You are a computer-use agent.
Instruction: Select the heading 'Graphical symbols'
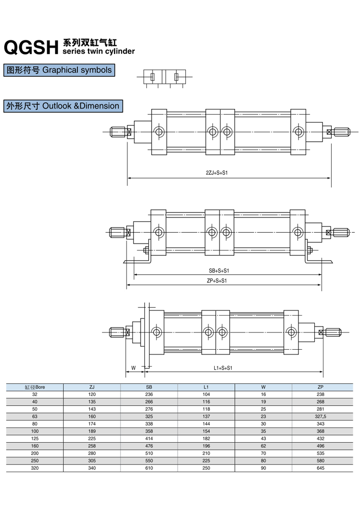(x=59, y=70)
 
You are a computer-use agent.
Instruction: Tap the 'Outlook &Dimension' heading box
(x=63, y=106)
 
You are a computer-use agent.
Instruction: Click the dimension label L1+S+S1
(x=223, y=368)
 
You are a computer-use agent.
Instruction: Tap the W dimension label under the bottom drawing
(x=133, y=368)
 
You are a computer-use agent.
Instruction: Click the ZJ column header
(x=92, y=387)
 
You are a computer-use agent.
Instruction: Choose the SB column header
(x=149, y=387)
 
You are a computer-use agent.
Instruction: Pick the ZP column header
(x=321, y=387)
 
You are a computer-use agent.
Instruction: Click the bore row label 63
(x=35, y=416)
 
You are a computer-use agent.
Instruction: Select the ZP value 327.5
(x=321, y=416)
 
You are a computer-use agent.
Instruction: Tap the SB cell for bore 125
(x=149, y=438)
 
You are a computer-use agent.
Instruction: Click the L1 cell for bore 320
(x=206, y=468)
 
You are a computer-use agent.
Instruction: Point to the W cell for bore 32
(x=263, y=394)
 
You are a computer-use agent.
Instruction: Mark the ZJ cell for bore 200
(x=92, y=453)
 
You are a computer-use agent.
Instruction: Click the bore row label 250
(x=35, y=461)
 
